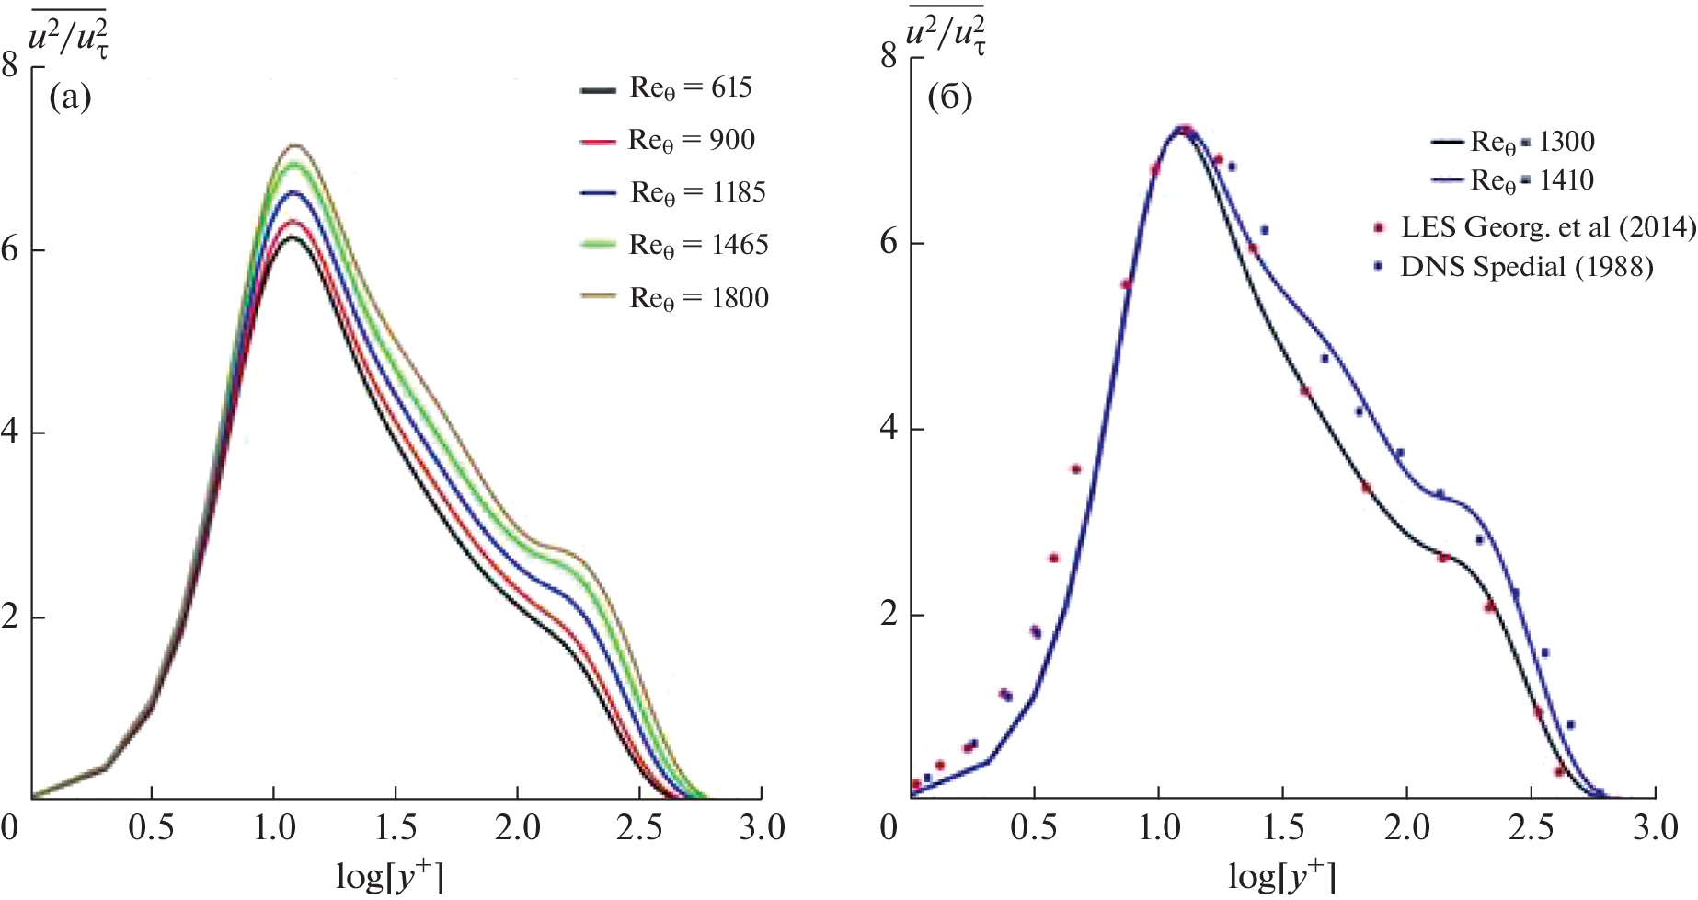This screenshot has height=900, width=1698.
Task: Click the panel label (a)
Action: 70,96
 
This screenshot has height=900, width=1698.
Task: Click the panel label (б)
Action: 949,96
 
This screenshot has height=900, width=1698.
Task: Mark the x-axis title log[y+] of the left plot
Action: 390,875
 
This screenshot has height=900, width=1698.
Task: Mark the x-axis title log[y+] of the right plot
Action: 1281,875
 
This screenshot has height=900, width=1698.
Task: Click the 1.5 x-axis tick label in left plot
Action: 395,828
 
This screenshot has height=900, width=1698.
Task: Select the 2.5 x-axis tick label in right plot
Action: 1531,828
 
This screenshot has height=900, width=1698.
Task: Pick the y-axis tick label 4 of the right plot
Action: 888,429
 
